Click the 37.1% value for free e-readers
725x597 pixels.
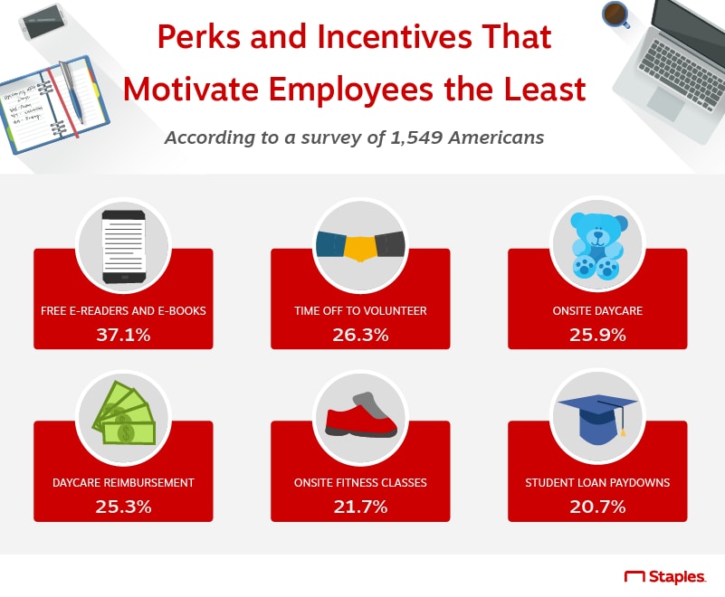pos(123,335)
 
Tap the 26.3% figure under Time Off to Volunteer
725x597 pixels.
pos(360,335)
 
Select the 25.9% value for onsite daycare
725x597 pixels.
pos(597,335)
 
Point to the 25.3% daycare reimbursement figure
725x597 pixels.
pos(123,507)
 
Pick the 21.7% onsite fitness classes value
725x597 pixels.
pos(360,507)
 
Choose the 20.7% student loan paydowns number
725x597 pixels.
pos(597,507)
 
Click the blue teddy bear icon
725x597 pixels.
pos(597,246)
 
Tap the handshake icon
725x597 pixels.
pos(360,245)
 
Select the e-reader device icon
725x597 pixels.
pos(123,246)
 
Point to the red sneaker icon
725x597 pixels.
pos(360,415)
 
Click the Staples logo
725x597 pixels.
pos(665,577)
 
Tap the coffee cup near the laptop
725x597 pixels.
pos(615,14)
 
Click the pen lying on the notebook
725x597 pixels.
pos(72,92)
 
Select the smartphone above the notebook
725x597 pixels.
pos(43,22)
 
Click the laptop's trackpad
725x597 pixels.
pos(666,103)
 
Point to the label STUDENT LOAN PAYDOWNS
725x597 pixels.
pos(597,482)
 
